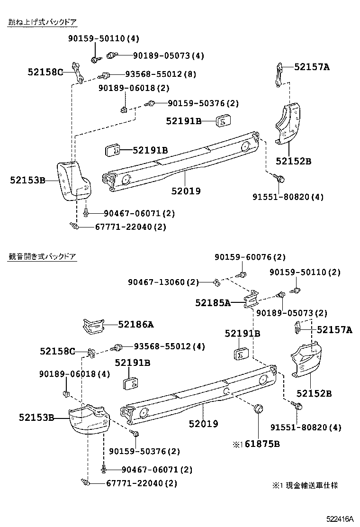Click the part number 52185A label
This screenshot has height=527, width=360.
pos(213,302)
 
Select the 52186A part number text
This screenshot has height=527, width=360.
pos(136,325)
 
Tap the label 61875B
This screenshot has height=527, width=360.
pos(262,444)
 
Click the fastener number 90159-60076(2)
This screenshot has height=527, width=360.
pos(250,257)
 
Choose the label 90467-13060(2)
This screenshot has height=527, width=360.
pos(163,282)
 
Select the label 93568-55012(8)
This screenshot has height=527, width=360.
pos(161,74)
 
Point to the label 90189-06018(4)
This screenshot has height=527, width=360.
pos(74,374)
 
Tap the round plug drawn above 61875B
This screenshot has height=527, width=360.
pos(259,409)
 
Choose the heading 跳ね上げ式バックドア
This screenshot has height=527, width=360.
pos(42,22)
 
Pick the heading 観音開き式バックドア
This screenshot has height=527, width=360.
pos(42,256)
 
